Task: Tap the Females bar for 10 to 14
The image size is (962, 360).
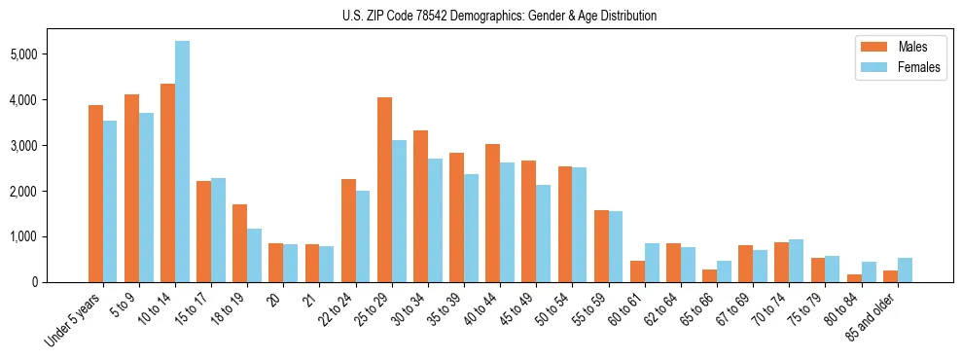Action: (x=183, y=162)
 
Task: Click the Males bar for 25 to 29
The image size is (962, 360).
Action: (x=384, y=190)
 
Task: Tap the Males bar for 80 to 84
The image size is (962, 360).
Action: (x=853, y=278)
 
